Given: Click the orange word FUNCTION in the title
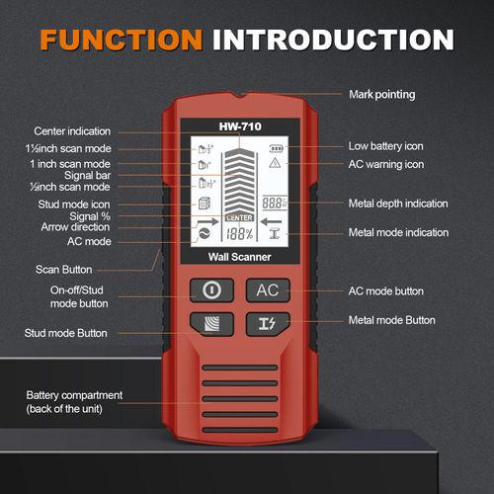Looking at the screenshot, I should pos(119,40).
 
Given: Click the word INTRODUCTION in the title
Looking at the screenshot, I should pos(333,40).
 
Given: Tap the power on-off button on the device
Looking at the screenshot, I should pos(210,290).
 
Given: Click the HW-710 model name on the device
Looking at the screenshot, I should pos(239,126).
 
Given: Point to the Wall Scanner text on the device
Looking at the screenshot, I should pos(239,258).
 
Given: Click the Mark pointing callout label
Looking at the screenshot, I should pos(382,95).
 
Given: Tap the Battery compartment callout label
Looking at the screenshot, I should pos(74,402).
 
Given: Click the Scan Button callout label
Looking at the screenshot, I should pos(64,269).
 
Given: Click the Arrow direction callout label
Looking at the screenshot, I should pos(77,228).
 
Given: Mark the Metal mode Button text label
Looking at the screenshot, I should pos(392,320).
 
